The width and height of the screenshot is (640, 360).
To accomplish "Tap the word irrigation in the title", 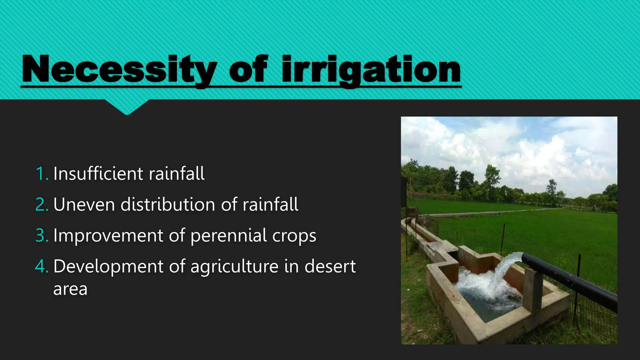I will (371, 69).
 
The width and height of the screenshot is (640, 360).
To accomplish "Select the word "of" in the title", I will (248, 69).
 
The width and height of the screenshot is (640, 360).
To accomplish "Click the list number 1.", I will (42, 174).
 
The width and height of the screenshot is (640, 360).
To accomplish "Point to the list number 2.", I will (42, 205).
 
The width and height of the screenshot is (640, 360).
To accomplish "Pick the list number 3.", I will (42, 236).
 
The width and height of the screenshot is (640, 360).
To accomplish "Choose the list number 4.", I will (42, 267).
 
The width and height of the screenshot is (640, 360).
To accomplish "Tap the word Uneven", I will (84, 205).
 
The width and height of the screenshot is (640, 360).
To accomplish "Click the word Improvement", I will (108, 236).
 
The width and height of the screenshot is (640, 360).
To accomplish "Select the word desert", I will (330, 267).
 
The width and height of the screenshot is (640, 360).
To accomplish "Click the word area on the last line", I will (70, 289).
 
